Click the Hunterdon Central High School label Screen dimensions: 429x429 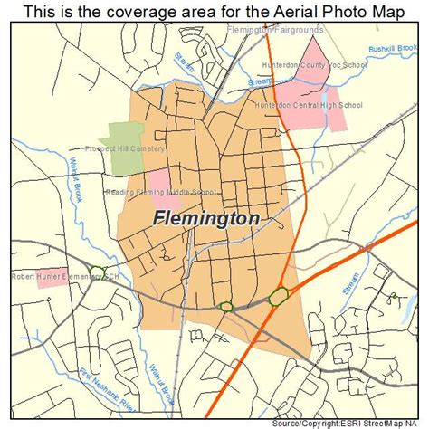(x=310, y=105)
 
